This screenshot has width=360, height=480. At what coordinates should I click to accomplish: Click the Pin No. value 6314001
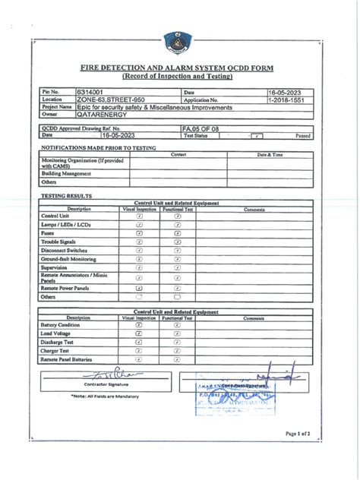[x=92, y=92]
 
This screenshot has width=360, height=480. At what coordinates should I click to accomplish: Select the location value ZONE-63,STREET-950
[x=111, y=99]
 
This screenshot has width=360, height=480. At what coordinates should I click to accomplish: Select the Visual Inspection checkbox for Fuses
[x=139, y=233]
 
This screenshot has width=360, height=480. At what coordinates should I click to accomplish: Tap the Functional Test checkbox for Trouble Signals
[x=177, y=242]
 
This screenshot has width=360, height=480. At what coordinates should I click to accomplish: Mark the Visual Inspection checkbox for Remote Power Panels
[x=139, y=288]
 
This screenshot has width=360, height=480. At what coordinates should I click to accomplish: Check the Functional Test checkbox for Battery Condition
[x=177, y=324]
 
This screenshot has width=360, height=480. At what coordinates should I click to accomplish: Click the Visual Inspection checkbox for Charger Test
[x=139, y=351]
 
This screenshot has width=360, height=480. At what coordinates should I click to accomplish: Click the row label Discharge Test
[x=58, y=342]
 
